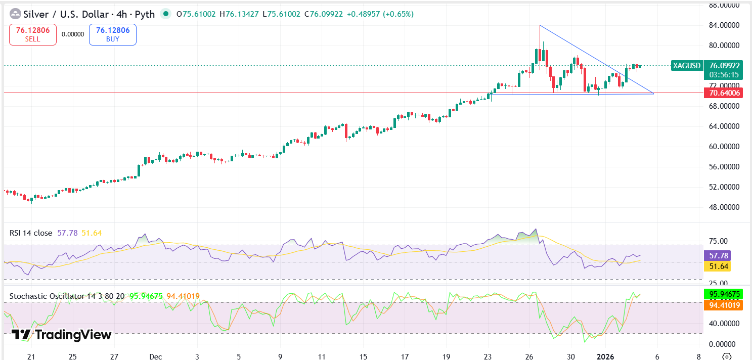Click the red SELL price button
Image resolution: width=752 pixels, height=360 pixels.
coord(33,34)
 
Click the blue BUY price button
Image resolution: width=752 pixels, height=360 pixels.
coord(113,34)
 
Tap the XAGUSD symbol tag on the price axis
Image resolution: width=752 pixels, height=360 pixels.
coord(687,65)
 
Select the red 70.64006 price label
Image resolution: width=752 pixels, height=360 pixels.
coord(725,93)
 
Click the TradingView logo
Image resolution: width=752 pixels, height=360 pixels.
coord(61,334)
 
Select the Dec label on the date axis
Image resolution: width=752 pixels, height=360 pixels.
coord(155,356)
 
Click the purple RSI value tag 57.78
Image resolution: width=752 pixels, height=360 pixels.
coord(717,256)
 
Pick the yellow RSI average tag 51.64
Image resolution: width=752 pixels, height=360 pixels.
coord(717,266)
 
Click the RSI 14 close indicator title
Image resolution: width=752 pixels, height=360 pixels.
coord(31,233)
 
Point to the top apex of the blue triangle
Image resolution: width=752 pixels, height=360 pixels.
coord(540,25)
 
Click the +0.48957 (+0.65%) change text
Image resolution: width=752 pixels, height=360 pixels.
coord(380,14)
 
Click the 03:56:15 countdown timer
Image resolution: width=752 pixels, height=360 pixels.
coord(724,74)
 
